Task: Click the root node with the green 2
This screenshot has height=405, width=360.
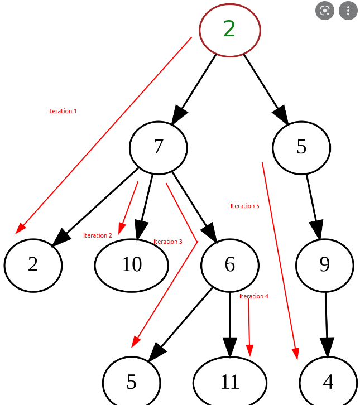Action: (230, 30)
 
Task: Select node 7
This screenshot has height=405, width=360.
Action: (158, 147)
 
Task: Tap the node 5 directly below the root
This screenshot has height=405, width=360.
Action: (301, 147)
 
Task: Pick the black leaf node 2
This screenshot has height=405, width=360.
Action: (33, 265)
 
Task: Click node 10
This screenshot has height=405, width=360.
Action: (132, 265)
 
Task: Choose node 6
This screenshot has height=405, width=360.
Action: (230, 265)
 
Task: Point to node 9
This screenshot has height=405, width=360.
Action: (325, 265)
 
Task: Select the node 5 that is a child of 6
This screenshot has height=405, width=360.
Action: (132, 382)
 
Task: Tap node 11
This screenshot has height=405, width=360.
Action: (230, 382)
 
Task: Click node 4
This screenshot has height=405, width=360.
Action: (328, 382)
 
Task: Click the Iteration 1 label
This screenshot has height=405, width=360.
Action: (62, 111)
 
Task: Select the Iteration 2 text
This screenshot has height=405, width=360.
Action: (97, 235)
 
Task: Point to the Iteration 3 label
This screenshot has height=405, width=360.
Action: (167, 242)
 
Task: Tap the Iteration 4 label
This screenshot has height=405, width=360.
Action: (253, 296)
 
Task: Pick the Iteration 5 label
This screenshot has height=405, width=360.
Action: (244, 206)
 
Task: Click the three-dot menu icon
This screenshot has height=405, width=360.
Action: (348, 11)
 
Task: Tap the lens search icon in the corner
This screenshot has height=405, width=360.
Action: (325, 11)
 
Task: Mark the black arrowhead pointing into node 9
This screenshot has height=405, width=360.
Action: (316, 229)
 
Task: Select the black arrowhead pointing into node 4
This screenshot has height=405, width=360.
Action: (327, 346)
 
